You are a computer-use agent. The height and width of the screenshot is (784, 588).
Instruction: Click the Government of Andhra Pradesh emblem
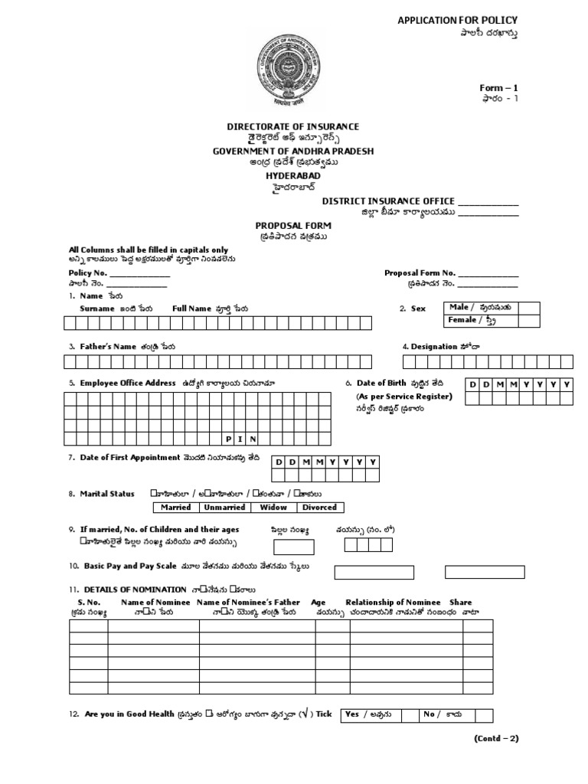click(x=293, y=70)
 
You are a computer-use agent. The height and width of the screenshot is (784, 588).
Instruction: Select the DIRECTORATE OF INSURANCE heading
click(x=293, y=126)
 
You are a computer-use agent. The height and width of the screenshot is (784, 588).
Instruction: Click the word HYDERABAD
click(x=293, y=175)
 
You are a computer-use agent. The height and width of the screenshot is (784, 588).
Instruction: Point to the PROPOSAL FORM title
click(x=293, y=227)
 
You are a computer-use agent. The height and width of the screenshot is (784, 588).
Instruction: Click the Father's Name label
click(x=110, y=346)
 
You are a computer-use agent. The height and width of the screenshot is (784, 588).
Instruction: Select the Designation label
click(x=434, y=346)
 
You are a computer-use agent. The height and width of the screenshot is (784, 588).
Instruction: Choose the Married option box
click(x=176, y=507)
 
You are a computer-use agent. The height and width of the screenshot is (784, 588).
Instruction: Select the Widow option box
click(x=273, y=507)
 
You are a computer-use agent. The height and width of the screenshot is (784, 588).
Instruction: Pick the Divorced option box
click(x=319, y=507)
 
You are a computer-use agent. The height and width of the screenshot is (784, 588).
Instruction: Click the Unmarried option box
click(x=224, y=507)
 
